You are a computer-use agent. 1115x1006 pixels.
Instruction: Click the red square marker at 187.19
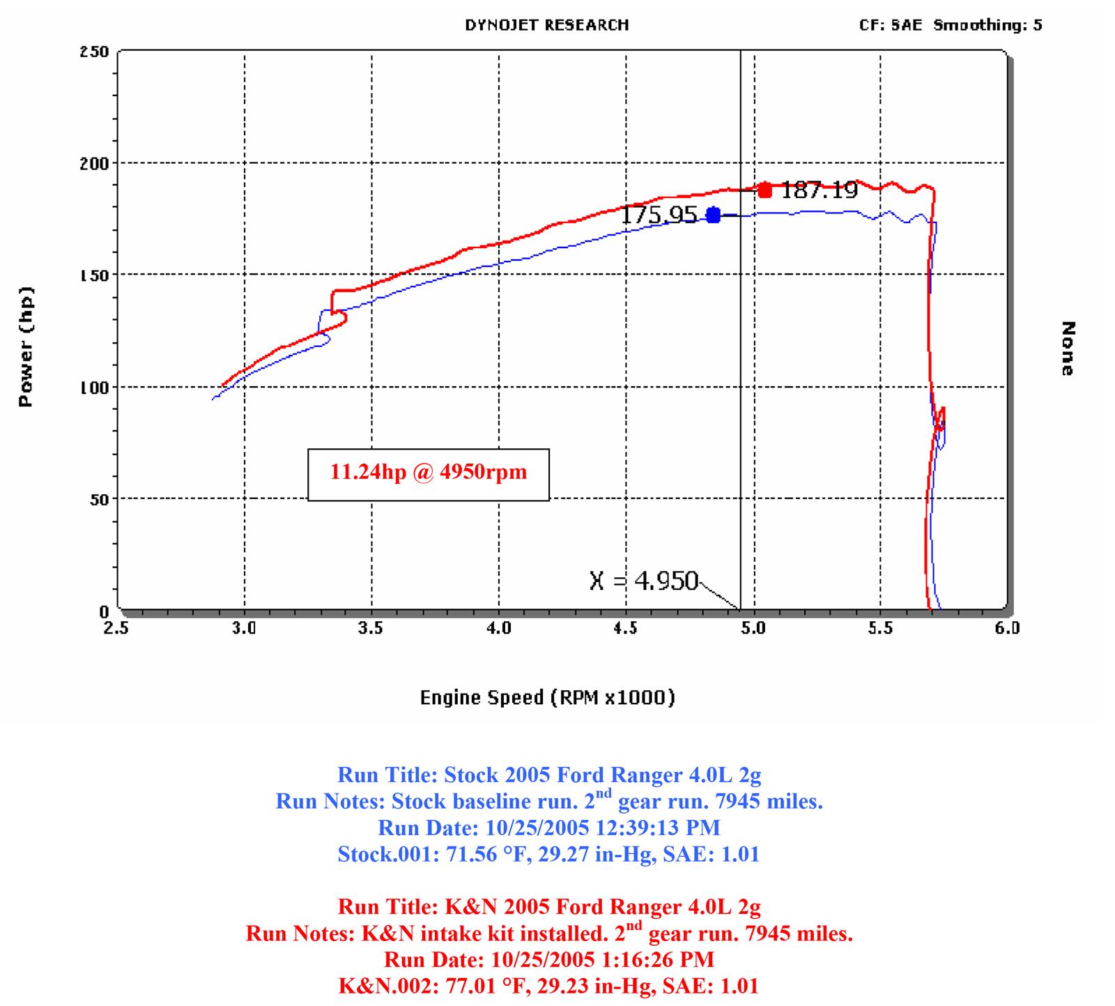765,190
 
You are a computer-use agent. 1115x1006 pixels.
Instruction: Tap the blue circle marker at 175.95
713,215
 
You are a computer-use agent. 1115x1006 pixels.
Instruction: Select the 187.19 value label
819,190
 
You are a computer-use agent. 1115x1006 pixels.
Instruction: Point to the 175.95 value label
659,215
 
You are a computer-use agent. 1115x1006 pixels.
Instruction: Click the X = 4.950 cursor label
643,581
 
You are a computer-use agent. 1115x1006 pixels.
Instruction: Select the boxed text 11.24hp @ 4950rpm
428,473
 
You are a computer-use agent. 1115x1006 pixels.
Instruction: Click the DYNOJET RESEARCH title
547,25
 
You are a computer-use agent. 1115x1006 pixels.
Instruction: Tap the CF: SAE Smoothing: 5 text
951,25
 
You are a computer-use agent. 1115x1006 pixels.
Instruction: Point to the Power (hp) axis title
26,346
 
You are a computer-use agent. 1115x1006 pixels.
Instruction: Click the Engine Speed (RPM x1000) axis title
547,697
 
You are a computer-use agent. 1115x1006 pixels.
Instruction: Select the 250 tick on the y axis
94,52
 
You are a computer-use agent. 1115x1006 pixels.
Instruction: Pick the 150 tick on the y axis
94,275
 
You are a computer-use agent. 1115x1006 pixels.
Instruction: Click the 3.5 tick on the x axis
371,628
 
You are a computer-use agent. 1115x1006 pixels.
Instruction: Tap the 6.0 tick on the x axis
1007,628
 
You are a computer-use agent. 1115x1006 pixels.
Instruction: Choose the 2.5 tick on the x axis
116,628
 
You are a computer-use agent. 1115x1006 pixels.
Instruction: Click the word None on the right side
1068,348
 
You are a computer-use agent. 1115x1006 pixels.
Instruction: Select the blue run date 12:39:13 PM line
548,828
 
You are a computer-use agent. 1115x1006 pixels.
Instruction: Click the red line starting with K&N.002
548,986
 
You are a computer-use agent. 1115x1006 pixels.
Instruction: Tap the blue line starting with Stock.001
548,854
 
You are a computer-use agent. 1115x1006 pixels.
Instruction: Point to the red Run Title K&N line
548,907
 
